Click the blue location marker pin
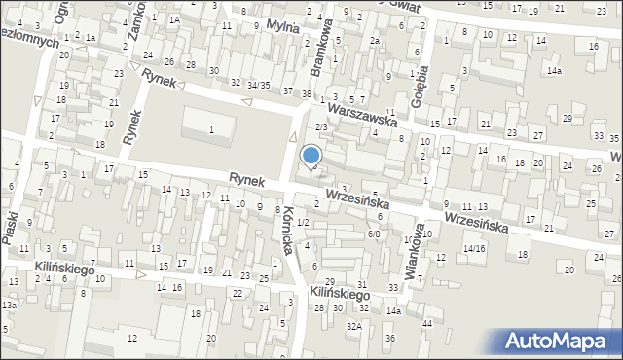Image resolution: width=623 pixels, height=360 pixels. point(311,157)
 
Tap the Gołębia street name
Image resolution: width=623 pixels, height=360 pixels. point(421,66)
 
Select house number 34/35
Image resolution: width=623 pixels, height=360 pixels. point(257,86)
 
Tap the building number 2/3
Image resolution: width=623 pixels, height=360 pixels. point(321,127)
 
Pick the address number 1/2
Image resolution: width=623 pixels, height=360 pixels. point(303,223)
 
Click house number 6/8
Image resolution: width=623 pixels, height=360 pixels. point(374,234)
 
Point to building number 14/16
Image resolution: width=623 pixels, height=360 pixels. point(474,248)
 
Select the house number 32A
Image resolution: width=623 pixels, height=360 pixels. point(353,327)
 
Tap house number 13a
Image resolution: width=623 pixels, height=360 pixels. point(9,306)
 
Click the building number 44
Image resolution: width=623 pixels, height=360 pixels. point(427,322)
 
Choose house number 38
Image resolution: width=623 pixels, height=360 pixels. point(307,93)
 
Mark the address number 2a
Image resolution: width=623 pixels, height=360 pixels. point(374,41)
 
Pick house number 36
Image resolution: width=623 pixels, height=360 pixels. point(390,338)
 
